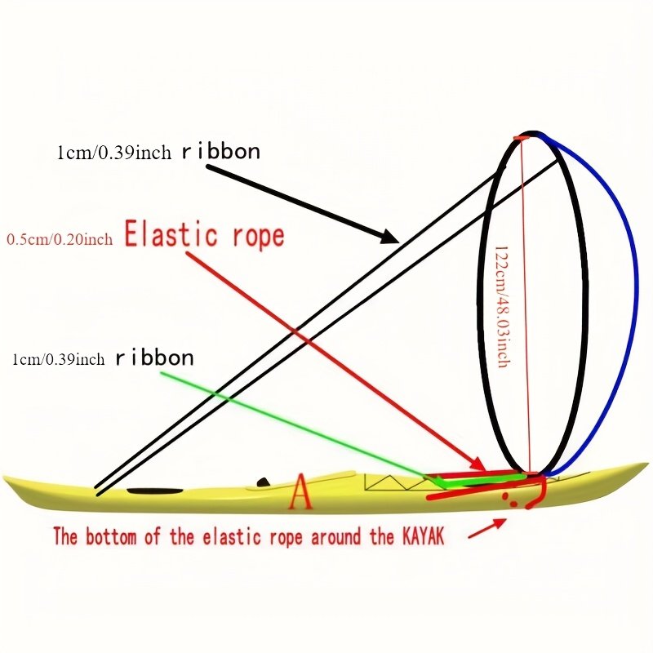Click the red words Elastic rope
(x=205, y=235)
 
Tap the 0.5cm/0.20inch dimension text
(x=60, y=239)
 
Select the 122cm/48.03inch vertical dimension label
(x=503, y=307)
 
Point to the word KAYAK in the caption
(x=423, y=535)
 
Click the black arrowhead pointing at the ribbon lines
(x=391, y=237)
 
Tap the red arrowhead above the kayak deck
(x=479, y=463)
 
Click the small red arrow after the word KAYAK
(x=487, y=528)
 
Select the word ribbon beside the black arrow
(x=220, y=151)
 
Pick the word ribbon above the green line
(x=154, y=358)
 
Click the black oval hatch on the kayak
(x=155, y=491)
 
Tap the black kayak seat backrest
(x=263, y=482)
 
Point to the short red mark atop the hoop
(x=522, y=138)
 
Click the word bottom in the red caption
(x=111, y=536)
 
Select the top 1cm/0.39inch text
(x=114, y=153)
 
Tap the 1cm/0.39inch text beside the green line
(x=58, y=358)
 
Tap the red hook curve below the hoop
(x=540, y=494)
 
